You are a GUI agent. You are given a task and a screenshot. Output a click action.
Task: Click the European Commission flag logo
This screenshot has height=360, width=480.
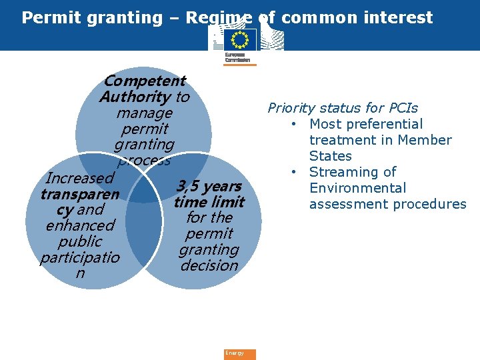(x=239, y=40)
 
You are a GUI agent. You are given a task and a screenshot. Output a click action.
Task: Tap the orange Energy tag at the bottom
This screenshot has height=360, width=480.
(x=239, y=354)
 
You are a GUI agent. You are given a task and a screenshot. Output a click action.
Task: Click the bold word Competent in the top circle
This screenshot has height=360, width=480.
(x=145, y=81)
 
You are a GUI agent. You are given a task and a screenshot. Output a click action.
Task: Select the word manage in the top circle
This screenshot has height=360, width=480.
(x=144, y=113)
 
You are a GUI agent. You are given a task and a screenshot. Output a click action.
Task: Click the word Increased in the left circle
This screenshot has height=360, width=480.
(x=79, y=178)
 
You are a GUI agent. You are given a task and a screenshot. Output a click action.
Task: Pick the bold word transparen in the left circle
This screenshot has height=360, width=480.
(x=79, y=195)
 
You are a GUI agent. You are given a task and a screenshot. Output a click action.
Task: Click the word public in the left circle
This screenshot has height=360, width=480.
(x=80, y=242)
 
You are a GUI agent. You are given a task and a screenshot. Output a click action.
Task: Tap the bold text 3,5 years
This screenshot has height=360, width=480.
(x=209, y=186)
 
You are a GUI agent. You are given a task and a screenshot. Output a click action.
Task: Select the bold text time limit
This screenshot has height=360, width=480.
(x=209, y=202)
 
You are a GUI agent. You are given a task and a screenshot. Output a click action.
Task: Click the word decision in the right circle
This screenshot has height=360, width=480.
(x=209, y=265)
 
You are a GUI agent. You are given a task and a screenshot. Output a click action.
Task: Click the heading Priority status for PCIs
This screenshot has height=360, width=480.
(x=343, y=108)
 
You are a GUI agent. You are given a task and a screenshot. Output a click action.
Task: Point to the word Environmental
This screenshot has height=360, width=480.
(x=357, y=188)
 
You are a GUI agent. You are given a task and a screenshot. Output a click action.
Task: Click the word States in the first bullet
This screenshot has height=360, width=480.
(x=330, y=156)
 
